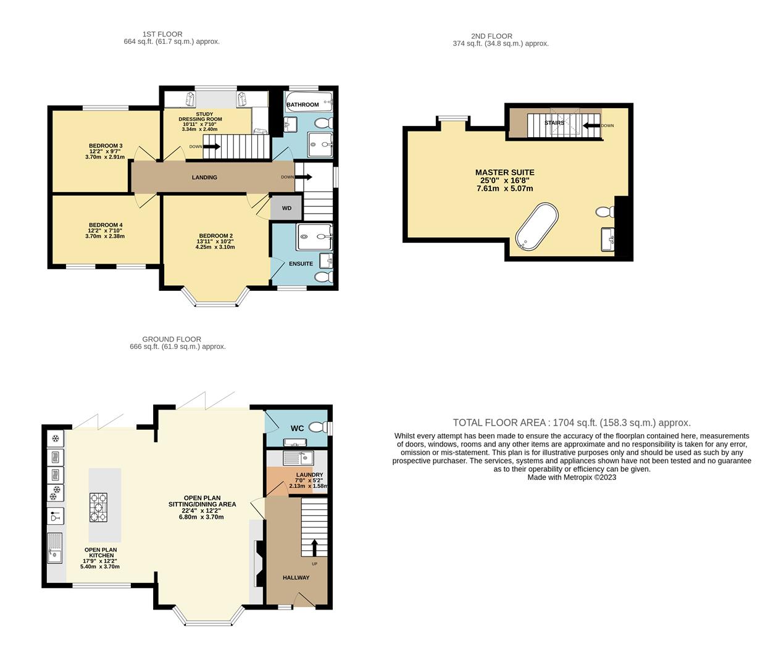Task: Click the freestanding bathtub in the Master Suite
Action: tap(536, 227)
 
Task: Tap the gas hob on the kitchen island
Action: tap(98, 507)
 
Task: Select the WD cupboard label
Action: tap(286, 208)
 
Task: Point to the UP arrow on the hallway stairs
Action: tap(314, 547)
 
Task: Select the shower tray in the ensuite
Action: tap(314, 237)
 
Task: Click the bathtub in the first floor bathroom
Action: tap(309, 101)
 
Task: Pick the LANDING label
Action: tap(204, 177)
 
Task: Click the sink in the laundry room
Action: tap(298, 458)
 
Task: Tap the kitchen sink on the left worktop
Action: tap(55, 548)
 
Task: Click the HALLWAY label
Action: tap(296, 577)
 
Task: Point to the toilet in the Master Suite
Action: tap(604, 212)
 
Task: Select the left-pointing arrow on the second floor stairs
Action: tap(591, 125)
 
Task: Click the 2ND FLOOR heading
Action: tap(491, 36)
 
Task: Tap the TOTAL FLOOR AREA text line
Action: tap(572, 422)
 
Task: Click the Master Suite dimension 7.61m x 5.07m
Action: tap(504, 188)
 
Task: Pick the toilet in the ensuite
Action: tap(324, 277)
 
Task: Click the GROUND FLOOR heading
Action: tap(172, 339)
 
